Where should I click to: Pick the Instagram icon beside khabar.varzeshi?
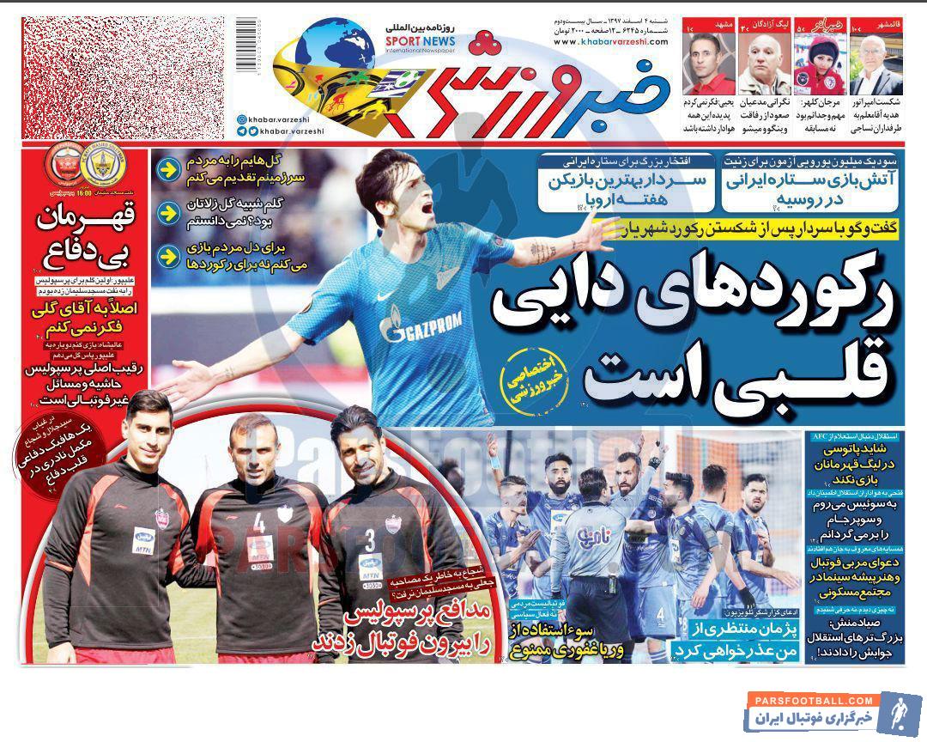point(241,119)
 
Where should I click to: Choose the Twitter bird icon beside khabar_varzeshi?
point(241,131)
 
